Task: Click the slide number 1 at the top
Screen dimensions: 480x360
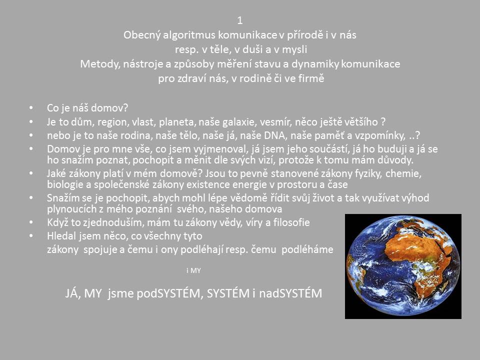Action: coord(239,20)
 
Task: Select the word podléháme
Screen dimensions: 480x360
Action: coord(307,249)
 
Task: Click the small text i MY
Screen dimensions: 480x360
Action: coord(194,270)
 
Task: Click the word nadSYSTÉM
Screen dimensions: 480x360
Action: coord(290,293)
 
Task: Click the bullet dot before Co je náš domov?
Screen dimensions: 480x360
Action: coord(31,108)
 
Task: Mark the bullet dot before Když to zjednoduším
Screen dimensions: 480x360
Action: coord(31,222)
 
